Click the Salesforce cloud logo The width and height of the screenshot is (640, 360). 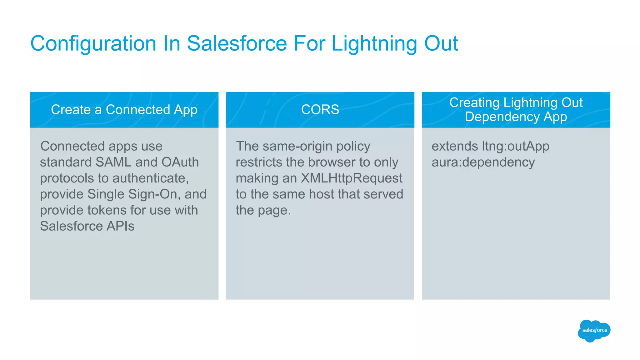594,330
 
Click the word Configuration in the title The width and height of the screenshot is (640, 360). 93,43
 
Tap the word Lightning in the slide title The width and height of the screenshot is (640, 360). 374,43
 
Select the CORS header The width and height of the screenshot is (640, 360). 320,110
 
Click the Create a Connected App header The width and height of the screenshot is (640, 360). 124,110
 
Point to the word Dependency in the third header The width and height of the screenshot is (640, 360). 502,117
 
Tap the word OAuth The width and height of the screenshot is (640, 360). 180,162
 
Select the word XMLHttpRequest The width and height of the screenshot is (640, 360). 351,178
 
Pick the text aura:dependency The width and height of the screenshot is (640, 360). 483,162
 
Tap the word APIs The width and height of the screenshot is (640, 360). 120,226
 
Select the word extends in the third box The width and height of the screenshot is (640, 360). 454,146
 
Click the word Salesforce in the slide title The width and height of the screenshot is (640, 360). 237,43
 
